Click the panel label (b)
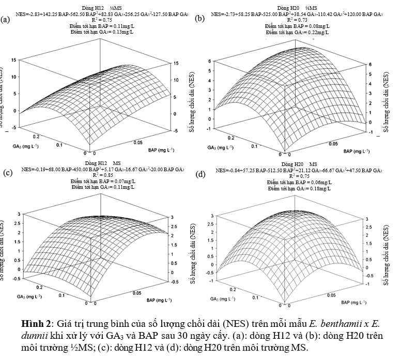(200, 19)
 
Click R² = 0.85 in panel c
(102, 175)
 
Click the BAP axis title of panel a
(161, 150)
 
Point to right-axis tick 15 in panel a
(176, 64)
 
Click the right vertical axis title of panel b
(386, 101)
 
